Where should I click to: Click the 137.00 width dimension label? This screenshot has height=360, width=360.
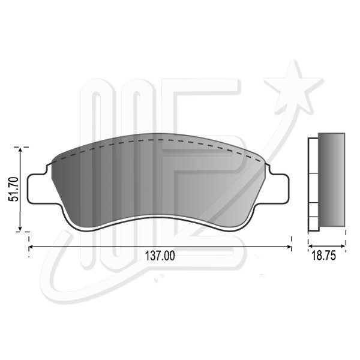[160, 256]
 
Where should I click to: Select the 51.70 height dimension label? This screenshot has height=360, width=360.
[13, 189]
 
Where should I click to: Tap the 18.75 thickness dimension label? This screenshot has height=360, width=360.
[323, 256]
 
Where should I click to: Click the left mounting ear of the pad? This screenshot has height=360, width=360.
[39, 189]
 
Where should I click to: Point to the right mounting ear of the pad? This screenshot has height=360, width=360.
[279, 189]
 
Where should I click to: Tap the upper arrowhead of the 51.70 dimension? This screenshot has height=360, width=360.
[20, 151]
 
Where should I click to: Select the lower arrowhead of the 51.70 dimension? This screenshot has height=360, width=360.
[20, 228]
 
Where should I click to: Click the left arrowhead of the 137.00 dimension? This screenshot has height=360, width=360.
[31, 247]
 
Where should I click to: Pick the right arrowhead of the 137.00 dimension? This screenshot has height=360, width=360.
[289, 247]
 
